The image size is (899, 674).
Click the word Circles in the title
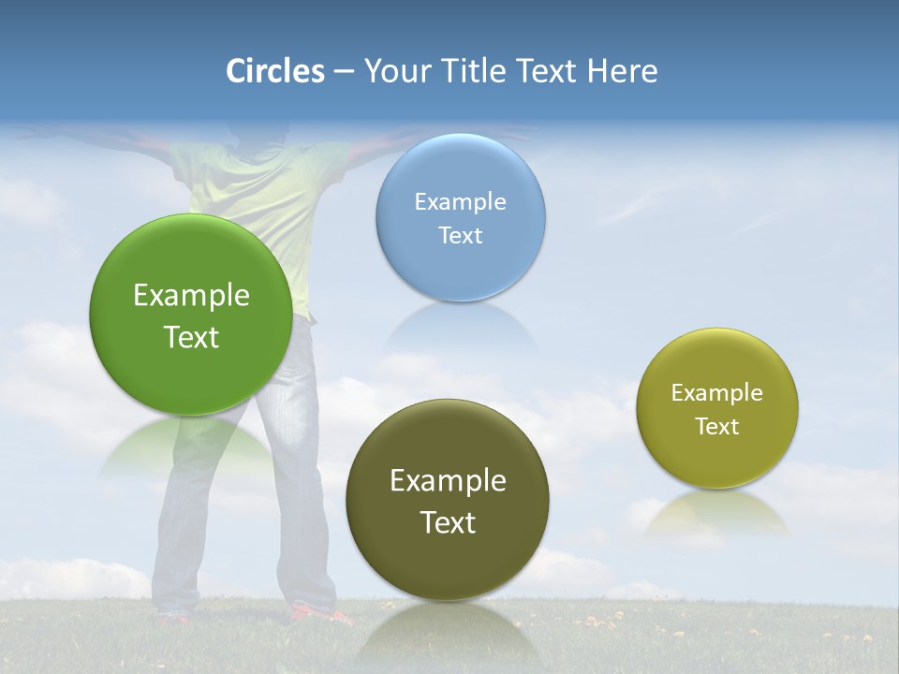coord(274,71)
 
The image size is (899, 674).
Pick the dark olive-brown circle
coord(448,562)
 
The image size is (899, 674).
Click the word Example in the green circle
coord(191,296)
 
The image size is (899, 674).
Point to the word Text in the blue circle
coord(460,236)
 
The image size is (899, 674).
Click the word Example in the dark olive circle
coord(448,481)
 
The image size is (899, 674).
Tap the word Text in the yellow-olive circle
coord(717,427)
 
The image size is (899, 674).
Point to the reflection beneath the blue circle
coord(460,323)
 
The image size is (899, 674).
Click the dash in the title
coord(343,72)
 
